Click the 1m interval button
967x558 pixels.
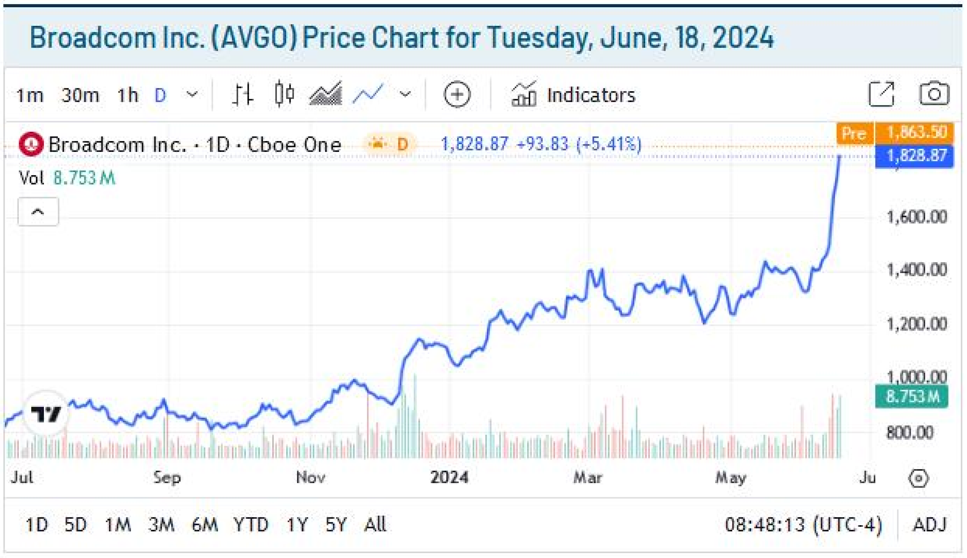[30, 95]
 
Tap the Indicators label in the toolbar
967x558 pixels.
[591, 95]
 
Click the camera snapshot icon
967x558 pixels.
[934, 94]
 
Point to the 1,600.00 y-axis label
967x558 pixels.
[916, 217]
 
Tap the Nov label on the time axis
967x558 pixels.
[311, 477]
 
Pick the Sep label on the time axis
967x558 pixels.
[167, 477]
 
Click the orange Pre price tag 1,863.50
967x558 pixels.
[916, 133]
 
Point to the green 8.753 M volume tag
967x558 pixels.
[912, 397]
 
